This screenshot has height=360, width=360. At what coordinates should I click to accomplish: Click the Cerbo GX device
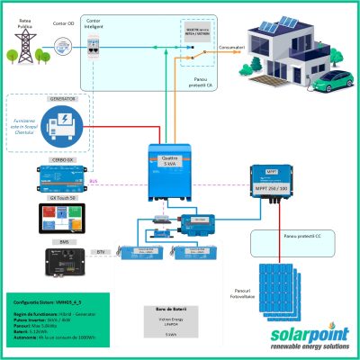(61, 172)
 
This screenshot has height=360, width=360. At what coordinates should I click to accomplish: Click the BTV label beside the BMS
(101, 253)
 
